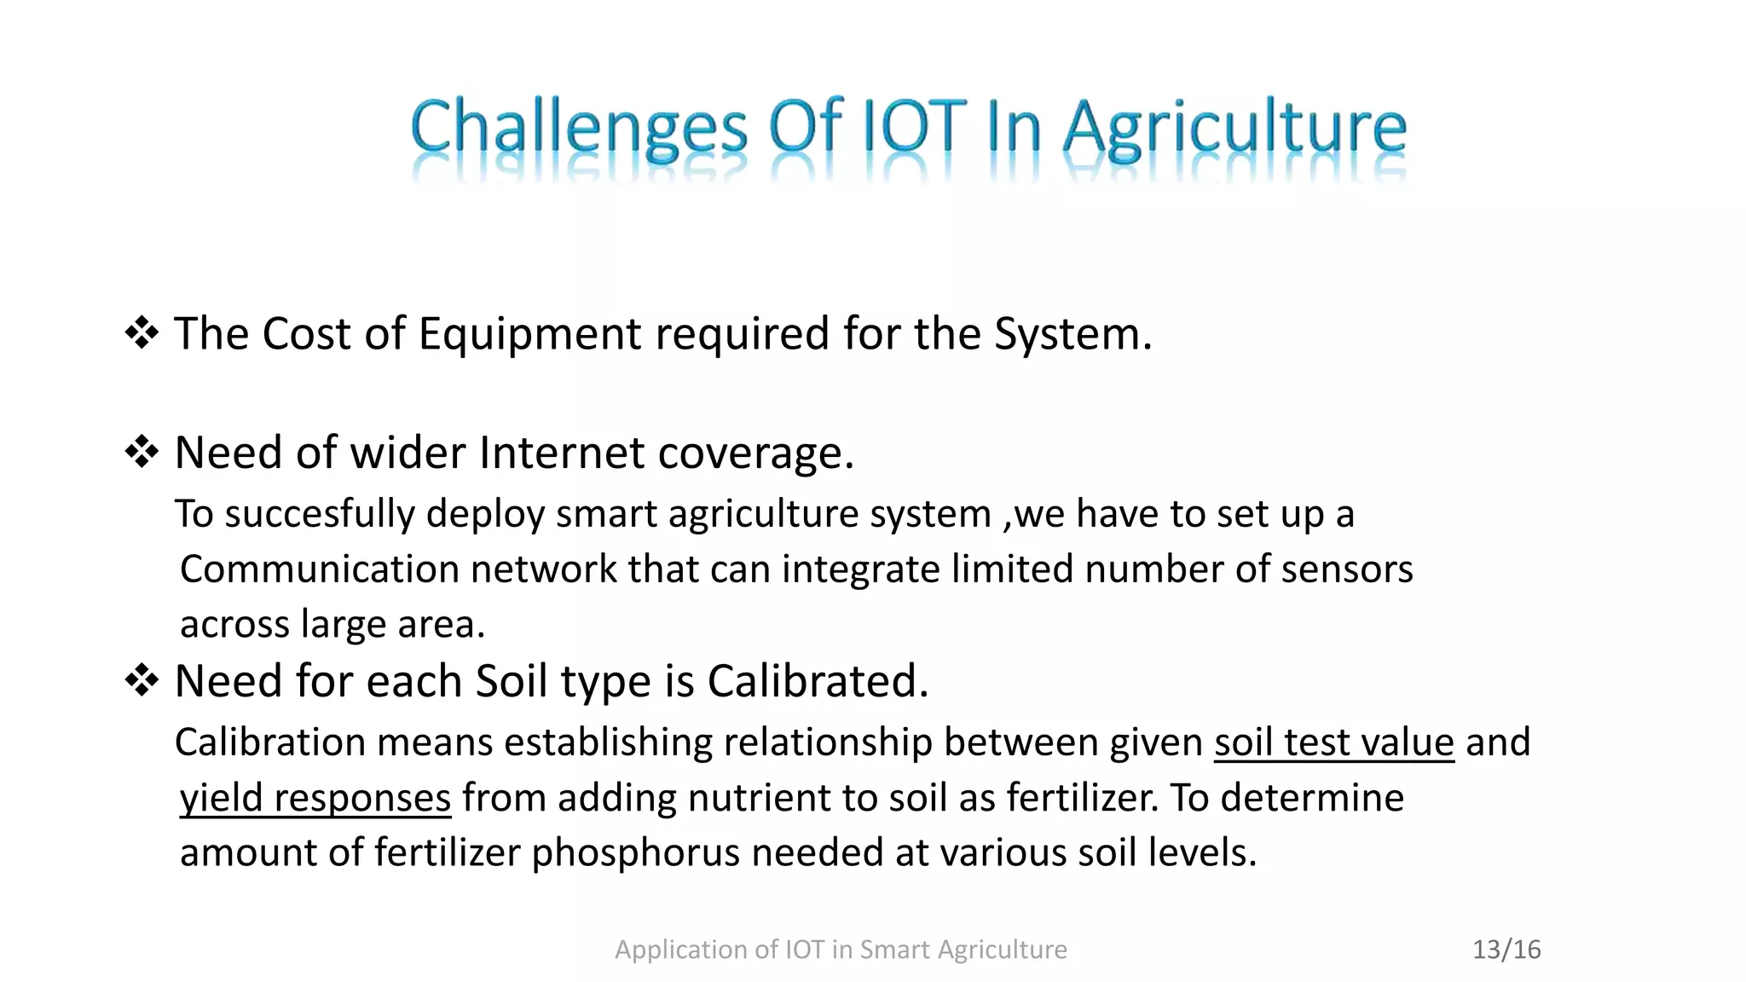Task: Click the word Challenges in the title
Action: (x=578, y=128)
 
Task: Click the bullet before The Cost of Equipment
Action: (x=141, y=333)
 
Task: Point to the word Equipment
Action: (x=529, y=334)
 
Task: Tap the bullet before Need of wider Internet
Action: (x=141, y=452)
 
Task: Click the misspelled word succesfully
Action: (x=319, y=514)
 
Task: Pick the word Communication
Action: (x=319, y=569)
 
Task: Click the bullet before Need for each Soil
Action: (x=141, y=681)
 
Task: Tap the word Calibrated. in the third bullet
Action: (x=818, y=681)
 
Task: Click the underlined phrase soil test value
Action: (x=1333, y=742)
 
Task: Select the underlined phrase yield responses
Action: (x=315, y=799)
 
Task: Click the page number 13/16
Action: (x=1506, y=950)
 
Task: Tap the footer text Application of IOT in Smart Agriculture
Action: (x=841, y=950)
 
